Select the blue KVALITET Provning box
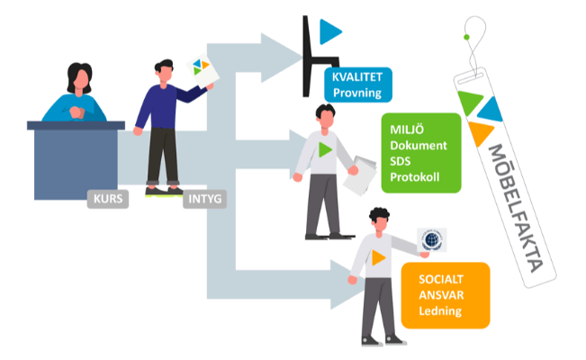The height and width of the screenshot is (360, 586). pyautogui.click(x=358, y=85)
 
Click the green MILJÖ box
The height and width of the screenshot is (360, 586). pyautogui.click(x=421, y=152)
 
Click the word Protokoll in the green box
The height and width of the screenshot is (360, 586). pyautogui.click(x=415, y=176)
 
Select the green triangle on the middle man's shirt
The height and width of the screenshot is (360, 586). pyautogui.click(x=325, y=149)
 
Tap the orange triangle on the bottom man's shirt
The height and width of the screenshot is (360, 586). pyautogui.click(x=380, y=257)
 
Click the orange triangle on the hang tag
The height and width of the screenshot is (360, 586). pyautogui.click(x=480, y=132)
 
